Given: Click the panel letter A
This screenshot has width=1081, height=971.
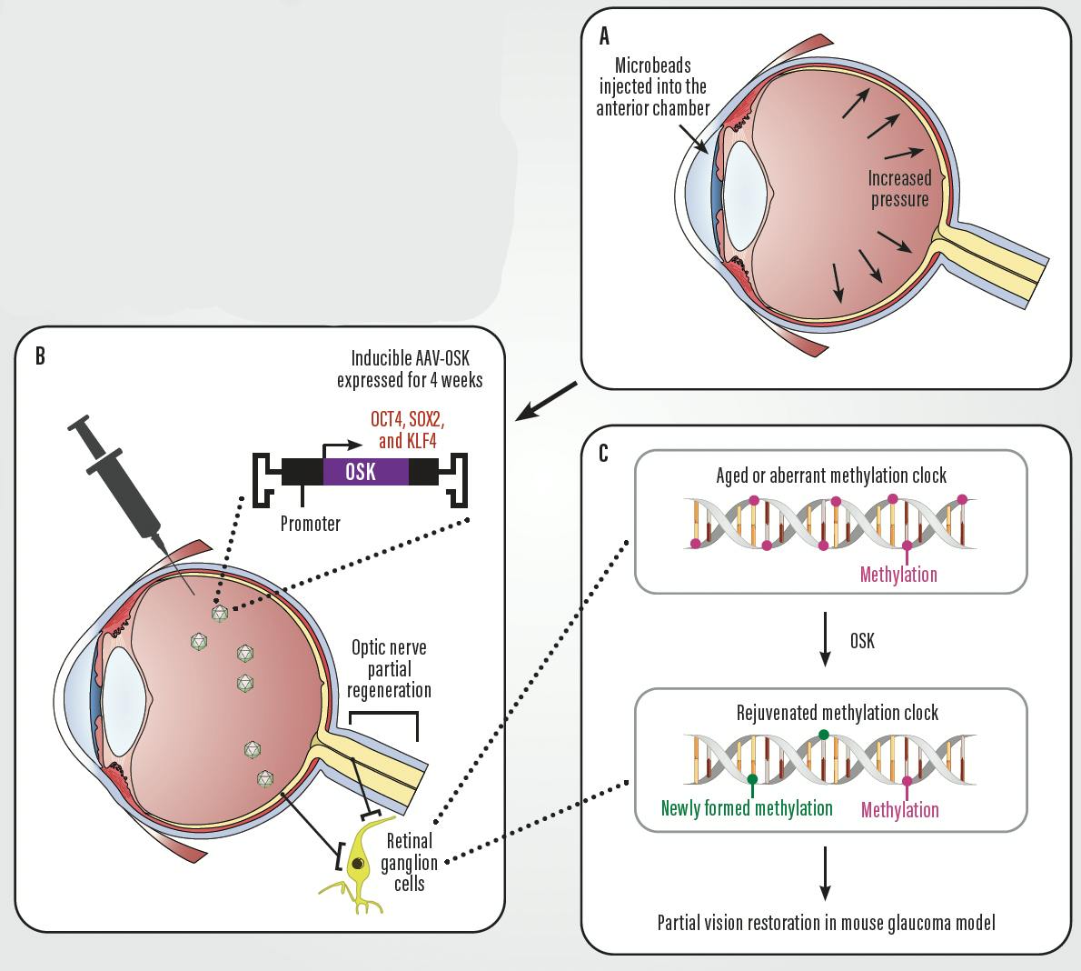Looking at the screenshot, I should (x=605, y=35).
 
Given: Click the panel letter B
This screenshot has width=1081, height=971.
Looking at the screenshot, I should (x=40, y=355).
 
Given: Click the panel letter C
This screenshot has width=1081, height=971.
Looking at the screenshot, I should (x=605, y=453).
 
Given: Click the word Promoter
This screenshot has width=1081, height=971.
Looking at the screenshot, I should (x=311, y=524).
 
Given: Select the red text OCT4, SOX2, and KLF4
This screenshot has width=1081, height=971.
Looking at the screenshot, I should (x=406, y=430).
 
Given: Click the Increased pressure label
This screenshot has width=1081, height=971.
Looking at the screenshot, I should (x=899, y=188).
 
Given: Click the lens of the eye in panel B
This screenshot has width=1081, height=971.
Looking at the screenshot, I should (x=124, y=697).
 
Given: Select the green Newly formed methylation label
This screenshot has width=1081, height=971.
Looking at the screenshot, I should (x=747, y=808).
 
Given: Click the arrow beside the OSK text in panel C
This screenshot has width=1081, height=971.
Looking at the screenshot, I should (x=825, y=640).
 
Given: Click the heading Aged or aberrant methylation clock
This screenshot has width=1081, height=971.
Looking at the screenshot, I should (x=830, y=475).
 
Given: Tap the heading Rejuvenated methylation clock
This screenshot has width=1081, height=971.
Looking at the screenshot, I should (x=837, y=713).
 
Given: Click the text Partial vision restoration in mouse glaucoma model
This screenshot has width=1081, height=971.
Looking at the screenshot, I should (x=826, y=923).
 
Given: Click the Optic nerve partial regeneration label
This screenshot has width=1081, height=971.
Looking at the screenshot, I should (x=389, y=668).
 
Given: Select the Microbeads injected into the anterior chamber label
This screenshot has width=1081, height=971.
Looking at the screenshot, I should (x=652, y=86).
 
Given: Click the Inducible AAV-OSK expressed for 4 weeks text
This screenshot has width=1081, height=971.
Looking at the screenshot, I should (x=410, y=369).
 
